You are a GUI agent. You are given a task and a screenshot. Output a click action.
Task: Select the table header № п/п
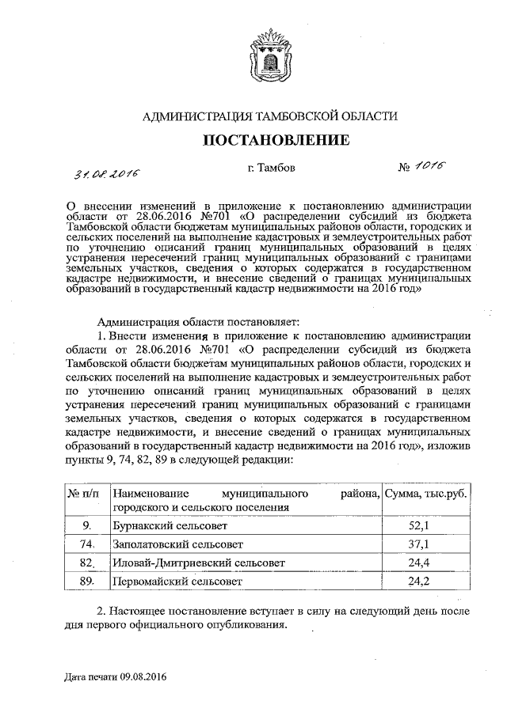click(x=83, y=493)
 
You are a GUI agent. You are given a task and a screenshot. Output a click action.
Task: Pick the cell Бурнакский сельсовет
click(x=170, y=525)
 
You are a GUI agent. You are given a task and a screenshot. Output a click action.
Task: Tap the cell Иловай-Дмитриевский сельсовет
click(x=198, y=563)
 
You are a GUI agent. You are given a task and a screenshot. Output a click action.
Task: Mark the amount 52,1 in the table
click(x=417, y=525)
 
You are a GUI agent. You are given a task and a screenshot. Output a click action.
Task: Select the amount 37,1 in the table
click(x=417, y=544)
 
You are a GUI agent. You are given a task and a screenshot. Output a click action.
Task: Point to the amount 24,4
click(x=417, y=563)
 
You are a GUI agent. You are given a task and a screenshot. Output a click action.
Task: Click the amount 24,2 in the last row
click(x=417, y=581)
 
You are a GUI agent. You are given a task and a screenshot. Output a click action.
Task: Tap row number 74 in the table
click(x=87, y=544)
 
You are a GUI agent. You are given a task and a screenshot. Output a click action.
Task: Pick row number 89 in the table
click(x=87, y=581)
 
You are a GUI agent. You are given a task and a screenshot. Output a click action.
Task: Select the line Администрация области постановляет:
click(x=195, y=321)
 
